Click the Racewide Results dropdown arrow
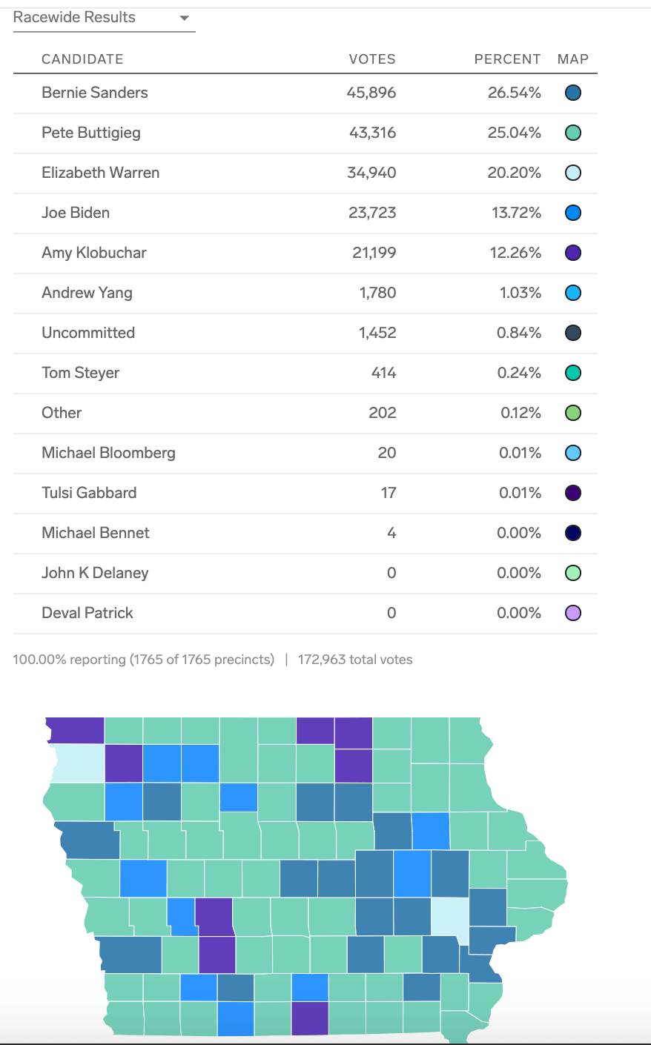[185, 19]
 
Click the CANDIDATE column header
[82, 59]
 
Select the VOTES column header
[372, 59]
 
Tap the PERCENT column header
[507, 59]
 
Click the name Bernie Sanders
[95, 93]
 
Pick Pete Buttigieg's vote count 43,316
[372, 133]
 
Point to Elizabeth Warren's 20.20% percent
[514, 173]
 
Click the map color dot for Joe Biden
[572, 213]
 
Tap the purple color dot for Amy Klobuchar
[572, 253]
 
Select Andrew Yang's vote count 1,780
[377, 293]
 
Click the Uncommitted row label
[88, 333]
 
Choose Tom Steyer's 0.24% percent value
[519, 373]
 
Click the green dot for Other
[572, 413]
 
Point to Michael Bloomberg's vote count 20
[387, 453]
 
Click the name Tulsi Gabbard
[89, 493]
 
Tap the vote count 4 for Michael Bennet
[391, 533]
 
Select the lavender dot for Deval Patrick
[572, 613]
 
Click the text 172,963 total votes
[355, 660]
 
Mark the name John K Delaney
[95, 573]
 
